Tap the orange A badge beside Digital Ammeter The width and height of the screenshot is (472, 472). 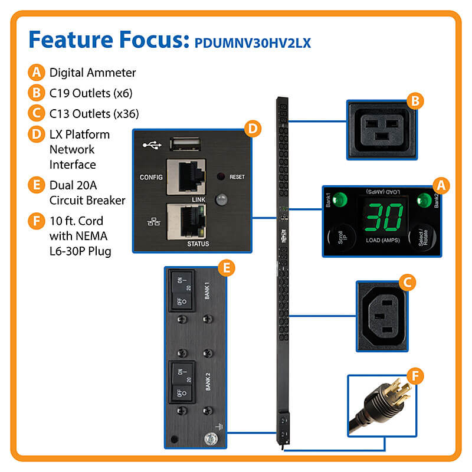36,73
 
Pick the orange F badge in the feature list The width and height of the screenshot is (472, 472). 36,221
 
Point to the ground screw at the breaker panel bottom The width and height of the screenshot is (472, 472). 208,438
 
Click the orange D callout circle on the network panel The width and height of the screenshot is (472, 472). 252,129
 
